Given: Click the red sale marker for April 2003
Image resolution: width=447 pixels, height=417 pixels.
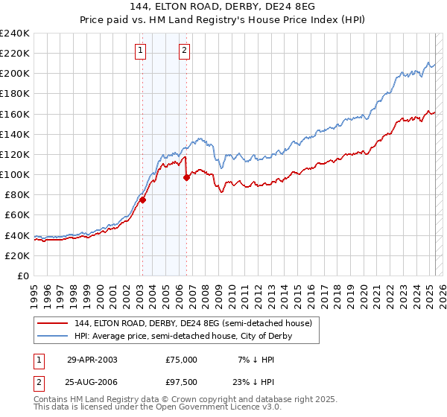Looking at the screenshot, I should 142,200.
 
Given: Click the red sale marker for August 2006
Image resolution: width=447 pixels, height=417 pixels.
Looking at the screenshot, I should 186,176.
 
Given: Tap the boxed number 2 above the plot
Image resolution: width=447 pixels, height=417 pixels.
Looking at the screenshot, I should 184,51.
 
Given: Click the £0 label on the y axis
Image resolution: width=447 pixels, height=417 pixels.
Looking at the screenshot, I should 23,276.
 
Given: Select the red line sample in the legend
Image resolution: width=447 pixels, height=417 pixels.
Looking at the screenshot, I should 51,323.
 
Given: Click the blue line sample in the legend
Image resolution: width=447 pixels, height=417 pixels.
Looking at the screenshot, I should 51,336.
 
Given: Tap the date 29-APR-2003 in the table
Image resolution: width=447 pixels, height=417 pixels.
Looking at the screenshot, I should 92,359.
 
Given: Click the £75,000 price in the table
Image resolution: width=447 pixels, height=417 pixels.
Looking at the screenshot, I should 181,359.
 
